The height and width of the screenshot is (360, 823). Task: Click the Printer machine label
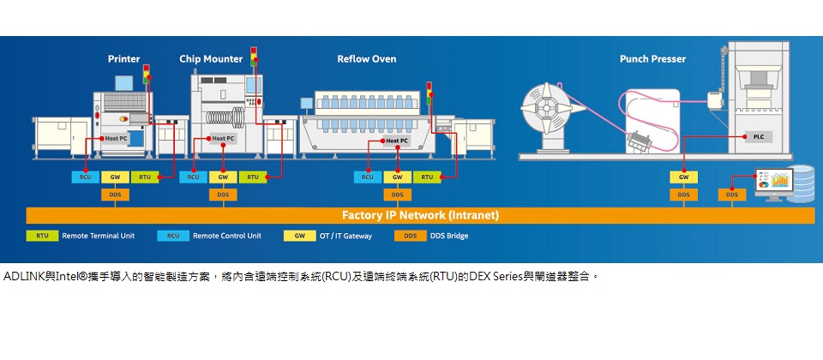click(123, 59)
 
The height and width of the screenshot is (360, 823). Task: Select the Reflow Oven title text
click(366, 59)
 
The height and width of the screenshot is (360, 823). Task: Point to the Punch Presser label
click(652, 59)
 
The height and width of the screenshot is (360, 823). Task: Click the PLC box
click(758, 137)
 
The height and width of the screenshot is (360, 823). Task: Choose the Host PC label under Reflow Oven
click(396, 141)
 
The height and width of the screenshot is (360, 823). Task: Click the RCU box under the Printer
click(85, 177)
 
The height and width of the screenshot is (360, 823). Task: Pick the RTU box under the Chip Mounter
click(252, 177)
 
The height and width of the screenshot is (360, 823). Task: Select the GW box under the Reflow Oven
click(397, 177)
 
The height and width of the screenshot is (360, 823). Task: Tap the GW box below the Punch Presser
click(683, 177)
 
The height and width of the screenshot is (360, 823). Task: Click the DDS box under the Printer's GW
click(114, 195)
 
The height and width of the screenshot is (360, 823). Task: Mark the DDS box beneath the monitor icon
click(731, 195)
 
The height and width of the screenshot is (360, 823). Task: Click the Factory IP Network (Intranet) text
click(420, 215)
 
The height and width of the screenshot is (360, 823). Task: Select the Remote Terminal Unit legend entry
click(98, 236)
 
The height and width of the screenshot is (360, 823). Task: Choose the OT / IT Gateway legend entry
click(345, 236)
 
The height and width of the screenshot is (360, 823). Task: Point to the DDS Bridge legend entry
click(449, 236)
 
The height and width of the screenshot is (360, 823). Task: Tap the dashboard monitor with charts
click(772, 181)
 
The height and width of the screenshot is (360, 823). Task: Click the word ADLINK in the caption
click(22, 277)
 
